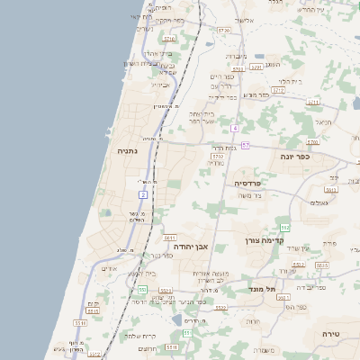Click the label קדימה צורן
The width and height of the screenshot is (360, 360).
263,240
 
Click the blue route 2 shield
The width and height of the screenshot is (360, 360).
143,194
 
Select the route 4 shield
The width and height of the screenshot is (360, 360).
234,128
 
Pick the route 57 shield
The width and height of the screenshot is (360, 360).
245,145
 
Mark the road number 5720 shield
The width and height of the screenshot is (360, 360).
223,30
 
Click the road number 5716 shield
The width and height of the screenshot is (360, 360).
169,39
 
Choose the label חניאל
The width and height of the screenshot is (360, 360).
322,121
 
